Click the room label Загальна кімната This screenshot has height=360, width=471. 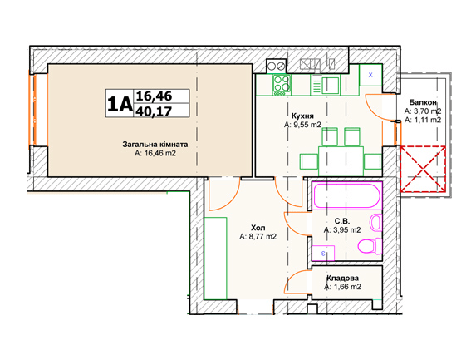[155, 145]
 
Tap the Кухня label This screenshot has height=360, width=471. [302, 116]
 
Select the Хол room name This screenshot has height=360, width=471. [258, 228]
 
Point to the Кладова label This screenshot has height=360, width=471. [342, 279]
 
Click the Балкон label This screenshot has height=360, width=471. [423, 102]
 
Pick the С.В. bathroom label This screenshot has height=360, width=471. [342, 221]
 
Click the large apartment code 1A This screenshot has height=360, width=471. [120, 103]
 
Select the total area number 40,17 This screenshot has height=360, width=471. [154, 111]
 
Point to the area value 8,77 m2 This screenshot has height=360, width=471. [262, 237]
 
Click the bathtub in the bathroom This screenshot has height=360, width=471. [347, 195]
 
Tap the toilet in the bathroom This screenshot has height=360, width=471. [370, 246]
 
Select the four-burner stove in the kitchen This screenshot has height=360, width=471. [282, 85]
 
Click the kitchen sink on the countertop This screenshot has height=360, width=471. [330, 86]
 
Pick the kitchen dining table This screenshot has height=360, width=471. [341, 161]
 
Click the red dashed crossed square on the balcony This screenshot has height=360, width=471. [423, 169]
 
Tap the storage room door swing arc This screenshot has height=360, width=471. [292, 277]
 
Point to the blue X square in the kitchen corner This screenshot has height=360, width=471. [370, 75]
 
